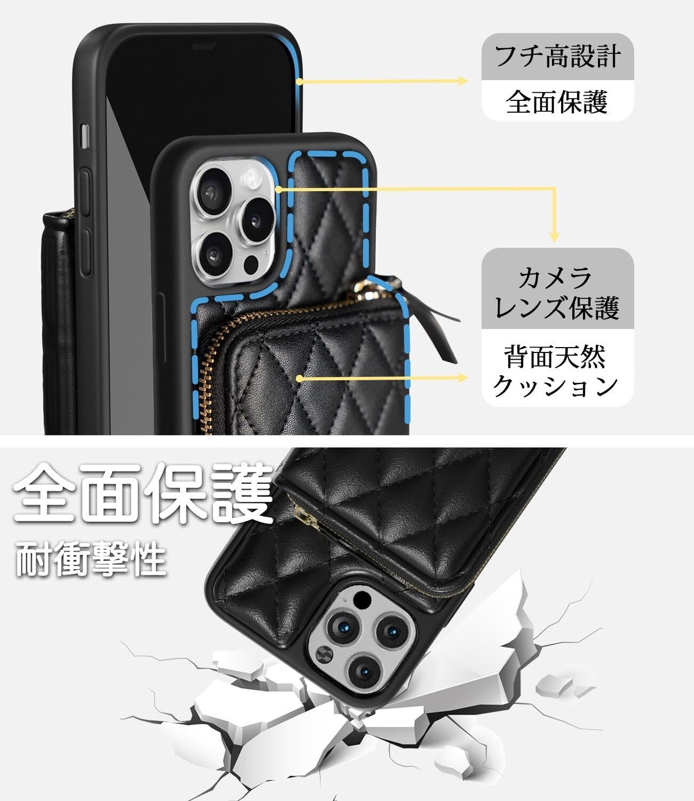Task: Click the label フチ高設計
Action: tap(557, 56)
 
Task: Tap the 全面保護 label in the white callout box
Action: tap(557, 101)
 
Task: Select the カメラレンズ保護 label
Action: tap(557, 293)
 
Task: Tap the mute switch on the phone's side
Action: tap(84, 136)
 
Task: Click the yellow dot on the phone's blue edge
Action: tap(299, 81)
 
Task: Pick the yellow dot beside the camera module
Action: tap(278, 189)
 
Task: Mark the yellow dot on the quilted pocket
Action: tap(299, 377)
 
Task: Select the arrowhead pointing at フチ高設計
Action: tap(462, 81)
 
